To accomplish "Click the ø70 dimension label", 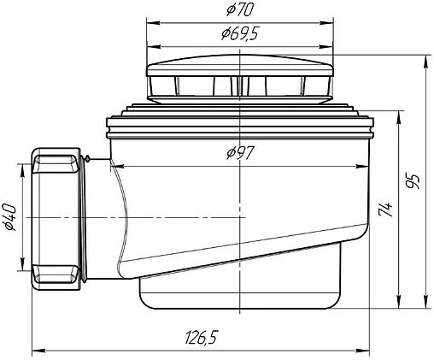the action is pyautogui.click(x=240, y=10).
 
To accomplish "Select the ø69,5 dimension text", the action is pyautogui.click(x=240, y=34).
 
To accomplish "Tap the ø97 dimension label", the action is pyautogui.click(x=240, y=153).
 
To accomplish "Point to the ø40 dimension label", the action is pyautogui.click(x=9, y=217).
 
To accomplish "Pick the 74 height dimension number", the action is pyautogui.click(x=386, y=210).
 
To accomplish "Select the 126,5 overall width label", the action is pyautogui.click(x=202, y=337).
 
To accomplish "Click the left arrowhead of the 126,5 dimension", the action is pyautogui.click(x=38, y=351).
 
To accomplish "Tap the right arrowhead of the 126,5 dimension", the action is pyautogui.click(x=362, y=351).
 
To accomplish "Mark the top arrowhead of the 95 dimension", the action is pyautogui.click(x=425, y=62).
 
